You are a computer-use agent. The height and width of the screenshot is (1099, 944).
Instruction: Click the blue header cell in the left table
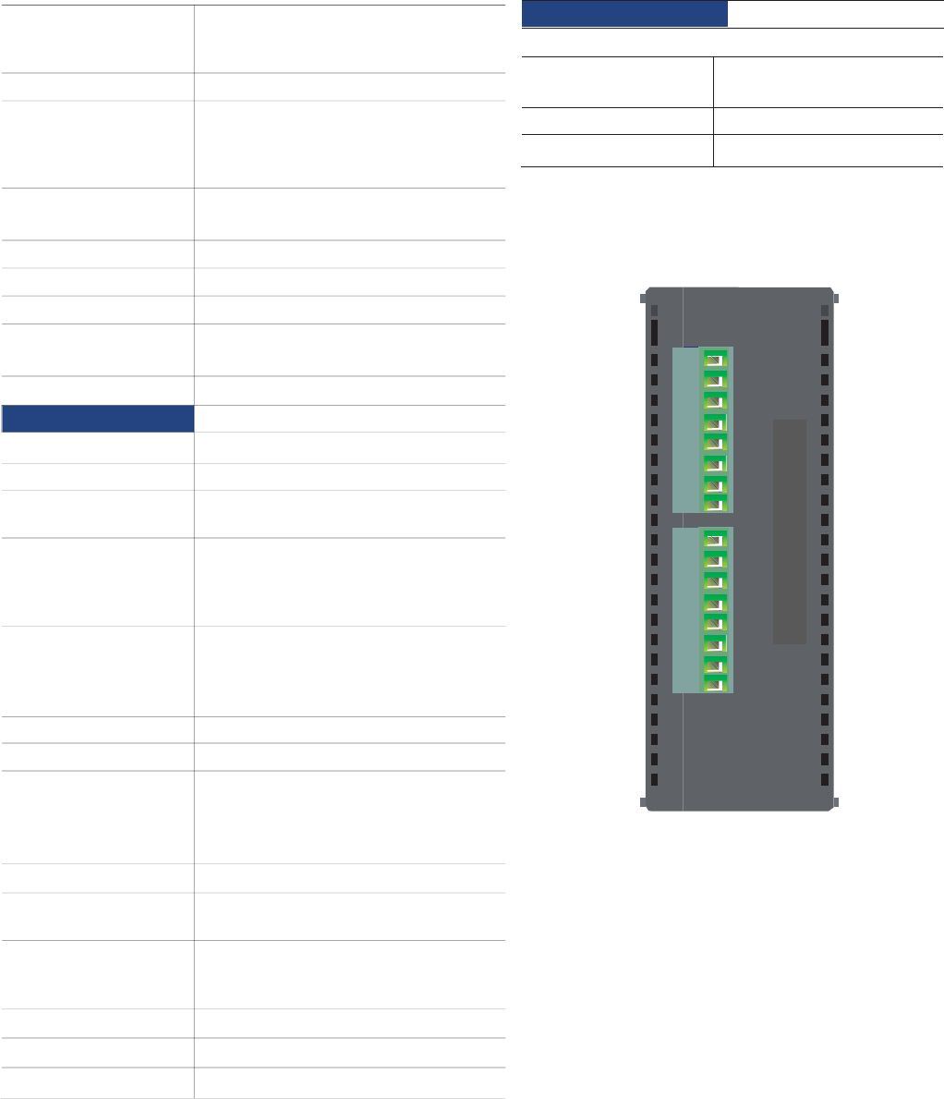coord(98,419)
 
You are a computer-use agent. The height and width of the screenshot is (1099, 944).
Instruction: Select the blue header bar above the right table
coord(624,14)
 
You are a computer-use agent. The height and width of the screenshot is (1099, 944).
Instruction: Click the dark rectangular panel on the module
coord(790,531)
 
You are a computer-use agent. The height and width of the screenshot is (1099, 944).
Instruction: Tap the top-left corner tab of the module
coord(642,298)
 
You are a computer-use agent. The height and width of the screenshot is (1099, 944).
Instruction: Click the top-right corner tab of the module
coord(835,298)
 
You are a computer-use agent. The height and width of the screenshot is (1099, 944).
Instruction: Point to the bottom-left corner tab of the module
coord(642,801)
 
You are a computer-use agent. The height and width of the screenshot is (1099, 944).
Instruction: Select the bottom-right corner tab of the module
coord(835,801)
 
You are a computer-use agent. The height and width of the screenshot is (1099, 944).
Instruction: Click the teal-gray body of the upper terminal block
coord(686,430)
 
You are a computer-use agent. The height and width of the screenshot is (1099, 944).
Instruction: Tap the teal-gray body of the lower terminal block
coord(686,610)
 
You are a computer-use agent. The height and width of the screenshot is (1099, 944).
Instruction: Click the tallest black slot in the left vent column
coord(653,333)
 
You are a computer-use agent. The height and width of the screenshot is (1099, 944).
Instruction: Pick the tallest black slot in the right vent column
coord(825,333)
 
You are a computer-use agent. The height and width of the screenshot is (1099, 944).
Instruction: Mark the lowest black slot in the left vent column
coord(653,779)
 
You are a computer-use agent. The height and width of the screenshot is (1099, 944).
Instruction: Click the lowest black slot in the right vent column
coord(825,779)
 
